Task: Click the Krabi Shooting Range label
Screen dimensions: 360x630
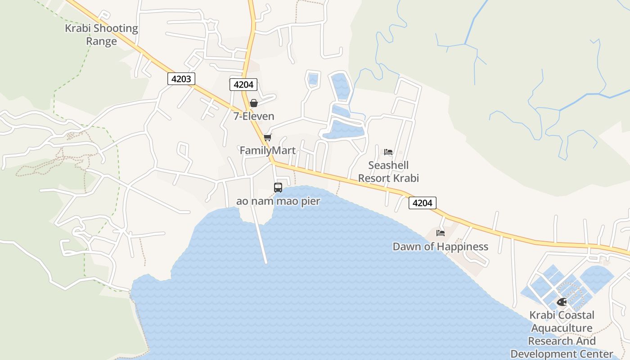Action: click(101, 35)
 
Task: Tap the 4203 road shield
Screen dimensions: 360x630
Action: click(181, 79)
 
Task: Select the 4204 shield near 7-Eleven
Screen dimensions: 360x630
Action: click(243, 84)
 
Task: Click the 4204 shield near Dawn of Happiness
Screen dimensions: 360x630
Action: click(422, 203)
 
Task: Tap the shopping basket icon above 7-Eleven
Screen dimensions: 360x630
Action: click(254, 103)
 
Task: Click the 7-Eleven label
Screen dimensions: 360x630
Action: click(254, 116)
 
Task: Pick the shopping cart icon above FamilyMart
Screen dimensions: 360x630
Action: click(268, 137)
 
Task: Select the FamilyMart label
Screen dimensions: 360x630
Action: click(268, 150)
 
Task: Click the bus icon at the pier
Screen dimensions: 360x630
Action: click(278, 188)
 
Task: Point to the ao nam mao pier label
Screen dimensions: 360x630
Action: click(278, 201)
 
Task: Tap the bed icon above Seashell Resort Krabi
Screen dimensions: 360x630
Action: click(388, 152)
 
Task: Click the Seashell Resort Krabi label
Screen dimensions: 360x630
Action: click(388, 171)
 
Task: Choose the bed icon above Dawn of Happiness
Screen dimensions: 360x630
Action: click(441, 233)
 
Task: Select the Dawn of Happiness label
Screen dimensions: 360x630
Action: click(441, 247)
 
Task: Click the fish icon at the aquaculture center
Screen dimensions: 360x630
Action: click(562, 302)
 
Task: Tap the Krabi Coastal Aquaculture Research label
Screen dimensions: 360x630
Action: click(562, 334)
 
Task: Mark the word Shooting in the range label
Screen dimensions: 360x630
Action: click(116, 28)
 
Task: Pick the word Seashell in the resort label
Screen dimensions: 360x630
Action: click(388, 165)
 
